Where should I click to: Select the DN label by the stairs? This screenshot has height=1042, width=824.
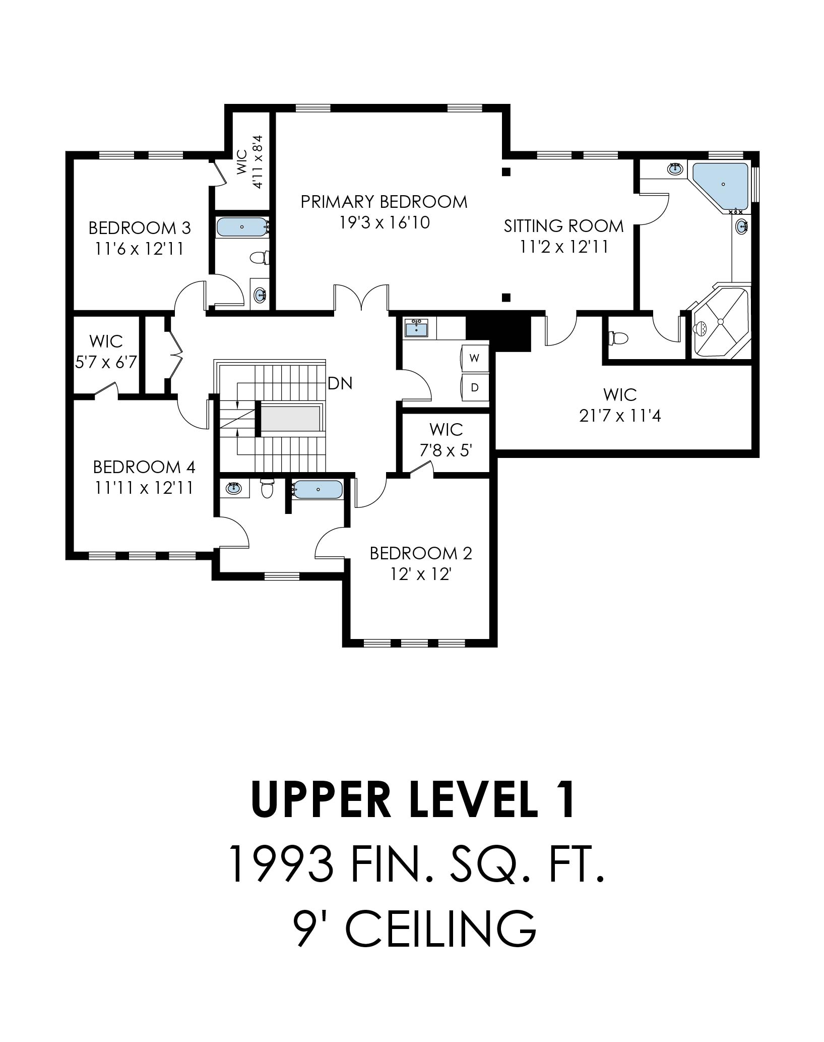click(x=340, y=384)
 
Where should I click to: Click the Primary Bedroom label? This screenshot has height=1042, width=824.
click(x=384, y=202)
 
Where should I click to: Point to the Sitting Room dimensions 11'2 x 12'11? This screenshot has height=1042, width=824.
click(x=564, y=247)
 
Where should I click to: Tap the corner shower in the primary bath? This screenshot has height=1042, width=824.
click(x=721, y=323)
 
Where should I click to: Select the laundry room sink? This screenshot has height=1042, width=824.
click(x=416, y=329)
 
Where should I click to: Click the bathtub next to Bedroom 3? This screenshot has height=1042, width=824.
click(x=242, y=227)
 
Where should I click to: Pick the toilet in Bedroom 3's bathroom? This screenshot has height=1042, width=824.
click(x=259, y=258)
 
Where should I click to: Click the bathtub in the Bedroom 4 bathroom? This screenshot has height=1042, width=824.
click(x=318, y=490)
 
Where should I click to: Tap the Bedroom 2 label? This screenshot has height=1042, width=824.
click(x=421, y=553)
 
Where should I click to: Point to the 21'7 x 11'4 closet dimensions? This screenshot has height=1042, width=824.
click(x=620, y=416)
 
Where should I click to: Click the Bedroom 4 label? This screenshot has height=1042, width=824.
click(x=144, y=467)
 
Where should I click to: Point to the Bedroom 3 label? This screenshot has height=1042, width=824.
click(x=140, y=228)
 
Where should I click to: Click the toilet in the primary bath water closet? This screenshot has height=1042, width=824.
click(x=617, y=337)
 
